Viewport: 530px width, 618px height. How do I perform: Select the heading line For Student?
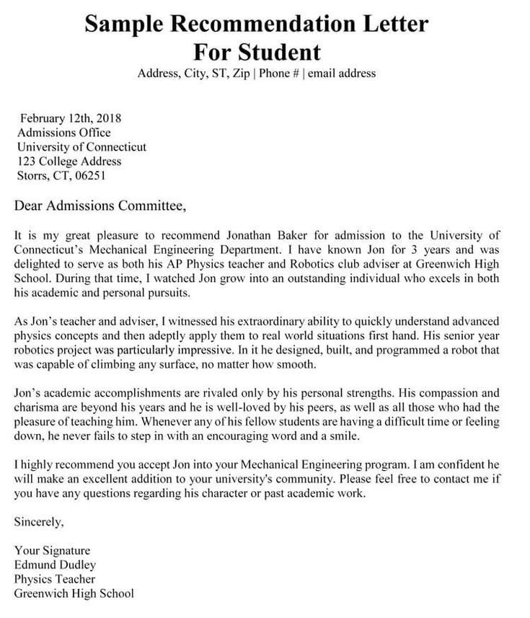point(257,52)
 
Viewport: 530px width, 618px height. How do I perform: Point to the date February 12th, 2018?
point(71,118)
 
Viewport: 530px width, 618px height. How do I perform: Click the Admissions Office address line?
point(63,133)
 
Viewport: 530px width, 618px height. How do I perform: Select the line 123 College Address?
point(69,161)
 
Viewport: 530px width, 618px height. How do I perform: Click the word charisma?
point(35,407)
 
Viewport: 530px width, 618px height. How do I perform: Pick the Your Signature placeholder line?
point(52,550)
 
